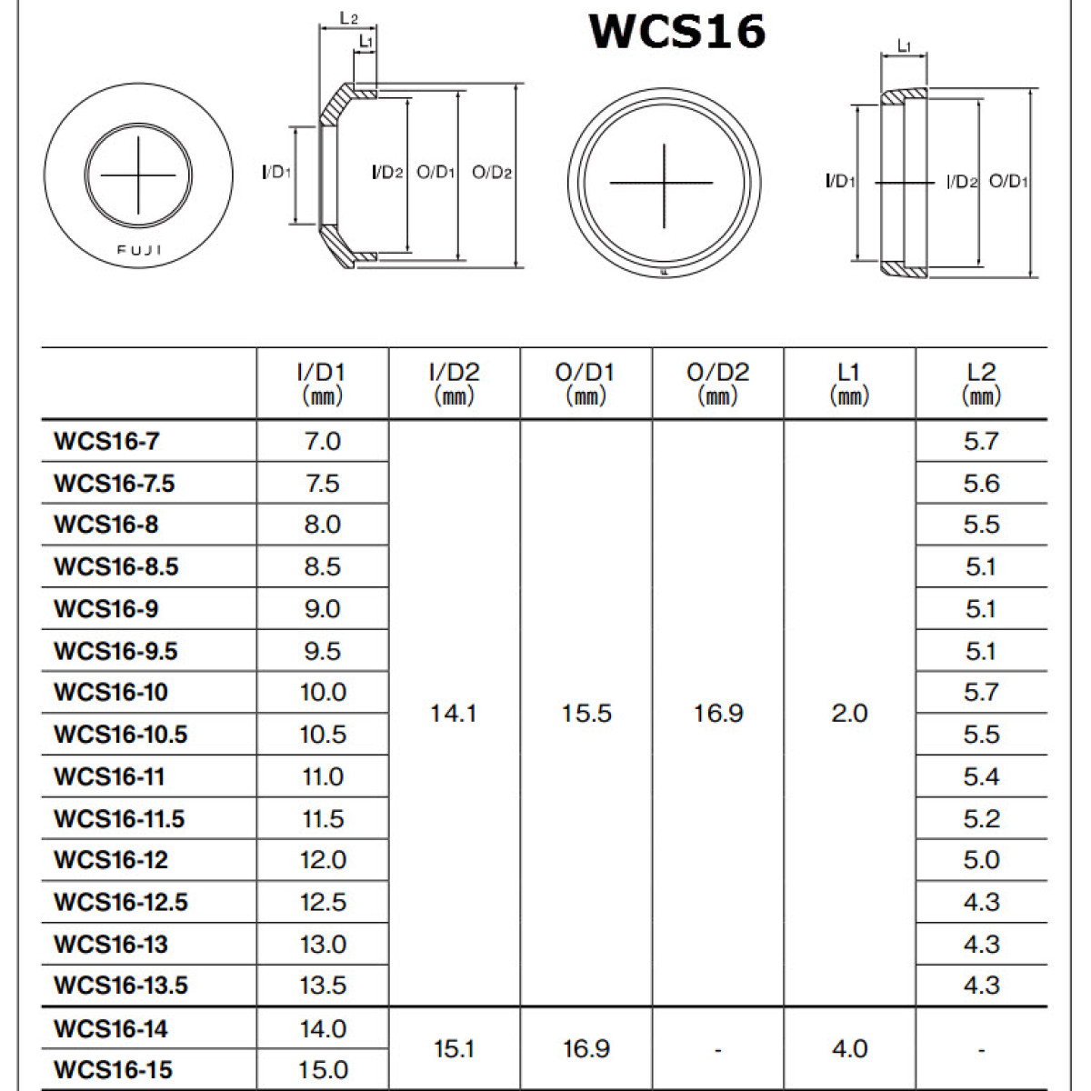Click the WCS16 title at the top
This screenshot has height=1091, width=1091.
(x=677, y=31)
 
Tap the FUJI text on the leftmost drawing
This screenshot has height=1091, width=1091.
(x=139, y=250)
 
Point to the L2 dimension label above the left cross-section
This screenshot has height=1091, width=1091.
(x=348, y=17)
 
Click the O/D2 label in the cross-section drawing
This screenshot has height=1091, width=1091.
(x=492, y=173)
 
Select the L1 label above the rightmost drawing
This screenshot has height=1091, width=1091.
(x=904, y=45)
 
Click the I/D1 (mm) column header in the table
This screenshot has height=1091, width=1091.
(x=322, y=383)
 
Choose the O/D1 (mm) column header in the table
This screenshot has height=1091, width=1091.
(x=586, y=383)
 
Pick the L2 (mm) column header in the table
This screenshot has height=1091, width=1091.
(x=981, y=383)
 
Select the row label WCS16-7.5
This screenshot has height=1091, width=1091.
(x=114, y=483)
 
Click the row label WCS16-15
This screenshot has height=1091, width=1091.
(x=113, y=1069)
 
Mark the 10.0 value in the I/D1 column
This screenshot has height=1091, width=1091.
(x=323, y=693)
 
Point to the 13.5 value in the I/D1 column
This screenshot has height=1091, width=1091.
(x=323, y=986)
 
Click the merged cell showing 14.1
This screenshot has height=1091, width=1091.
(x=454, y=714)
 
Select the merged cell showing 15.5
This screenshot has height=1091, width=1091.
(x=586, y=714)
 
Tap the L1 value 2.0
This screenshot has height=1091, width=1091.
(x=849, y=714)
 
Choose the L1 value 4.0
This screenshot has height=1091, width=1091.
(x=849, y=1049)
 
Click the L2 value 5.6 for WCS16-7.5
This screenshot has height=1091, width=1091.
(x=981, y=483)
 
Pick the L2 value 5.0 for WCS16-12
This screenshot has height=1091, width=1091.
(x=981, y=860)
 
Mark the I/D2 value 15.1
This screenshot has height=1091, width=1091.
(x=454, y=1049)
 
